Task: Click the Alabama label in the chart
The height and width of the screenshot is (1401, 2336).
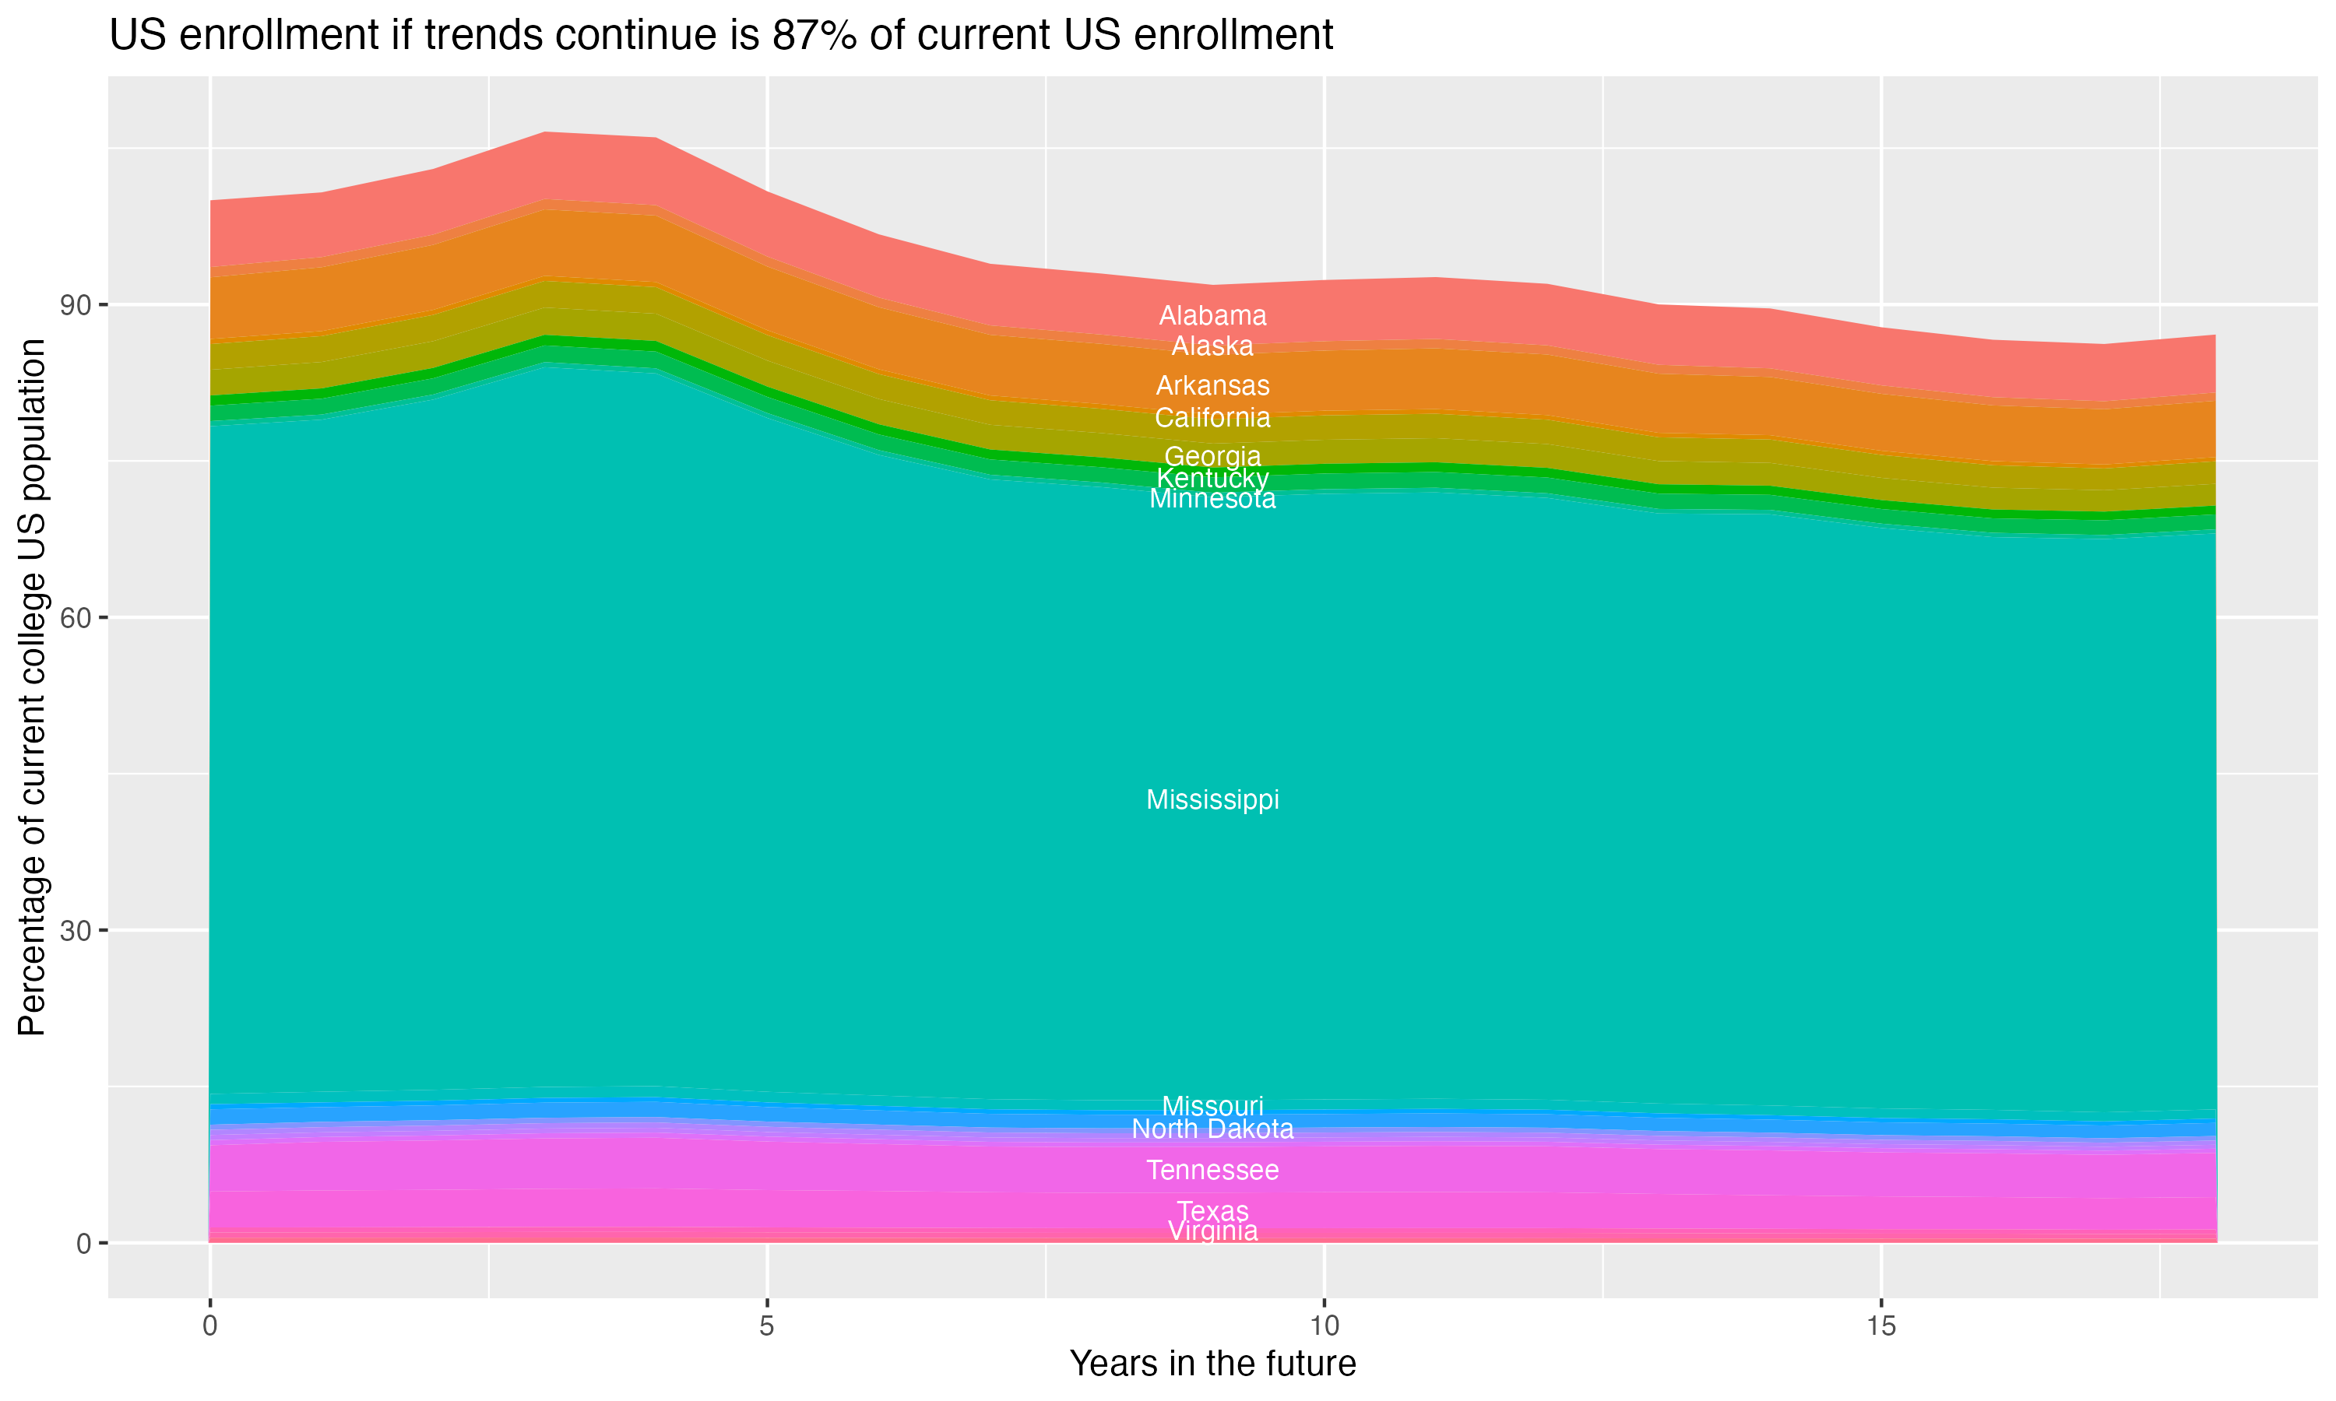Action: click(1212, 315)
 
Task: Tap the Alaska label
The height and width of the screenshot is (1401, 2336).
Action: click(1212, 346)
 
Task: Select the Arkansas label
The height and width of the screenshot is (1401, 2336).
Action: click(1212, 385)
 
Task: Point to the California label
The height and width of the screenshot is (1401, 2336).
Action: click(1212, 417)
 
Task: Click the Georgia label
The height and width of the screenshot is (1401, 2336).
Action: click(1212, 456)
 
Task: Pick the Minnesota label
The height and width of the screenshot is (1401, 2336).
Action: click(1212, 500)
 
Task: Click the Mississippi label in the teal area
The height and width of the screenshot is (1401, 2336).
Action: click(1212, 799)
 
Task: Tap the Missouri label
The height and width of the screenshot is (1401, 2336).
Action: click(1212, 1105)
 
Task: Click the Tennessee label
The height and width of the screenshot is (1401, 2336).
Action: click(1212, 1171)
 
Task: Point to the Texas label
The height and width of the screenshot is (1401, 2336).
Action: click(1212, 1210)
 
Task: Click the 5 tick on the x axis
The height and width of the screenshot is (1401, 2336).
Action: click(767, 1326)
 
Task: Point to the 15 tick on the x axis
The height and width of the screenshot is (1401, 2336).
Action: click(1881, 1326)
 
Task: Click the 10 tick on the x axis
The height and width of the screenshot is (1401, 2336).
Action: click(1324, 1326)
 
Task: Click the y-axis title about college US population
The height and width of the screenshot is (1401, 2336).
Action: click(32, 687)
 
